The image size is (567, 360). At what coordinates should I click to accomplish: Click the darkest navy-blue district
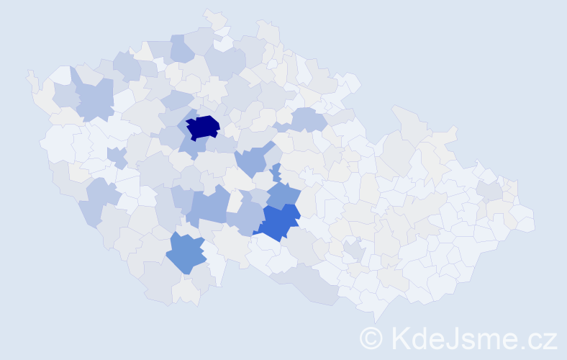pos(203,127)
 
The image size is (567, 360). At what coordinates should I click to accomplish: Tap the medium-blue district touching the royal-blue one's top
pos(284,194)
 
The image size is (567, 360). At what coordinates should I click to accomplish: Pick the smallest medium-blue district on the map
pos(276,173)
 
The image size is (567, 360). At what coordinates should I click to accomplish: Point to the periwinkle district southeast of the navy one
pos(252,160)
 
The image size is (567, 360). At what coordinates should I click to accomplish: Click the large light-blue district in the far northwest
pos(94,99)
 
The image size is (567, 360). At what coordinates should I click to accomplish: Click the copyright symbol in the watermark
pos(371,337)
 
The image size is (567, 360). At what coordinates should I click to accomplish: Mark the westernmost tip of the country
pos(27,73)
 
